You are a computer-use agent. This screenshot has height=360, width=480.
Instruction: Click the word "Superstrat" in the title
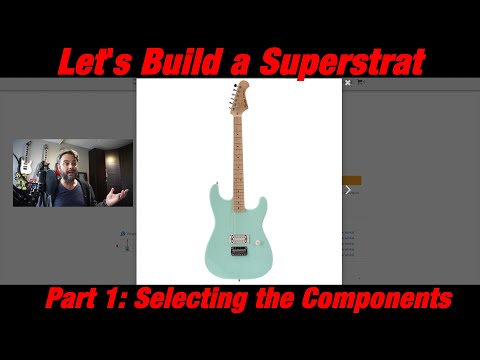(x=343, y=62)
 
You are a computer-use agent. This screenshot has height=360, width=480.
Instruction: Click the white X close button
(x=348, y=84)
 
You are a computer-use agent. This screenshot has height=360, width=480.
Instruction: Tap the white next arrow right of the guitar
(x=348, y=188)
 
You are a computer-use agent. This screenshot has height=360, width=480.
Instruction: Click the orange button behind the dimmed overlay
(x=351, y=180)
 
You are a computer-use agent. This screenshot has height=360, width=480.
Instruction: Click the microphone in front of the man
(x=52, y=186)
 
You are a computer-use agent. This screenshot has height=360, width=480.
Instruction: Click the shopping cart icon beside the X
(x=360, y=84)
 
